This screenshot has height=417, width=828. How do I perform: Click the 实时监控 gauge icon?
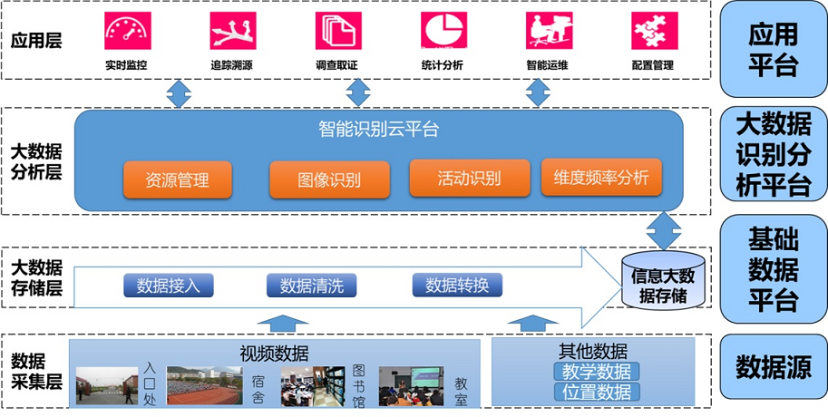click(x=126, y=31)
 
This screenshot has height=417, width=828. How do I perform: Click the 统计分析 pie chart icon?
click(x=443, y=31)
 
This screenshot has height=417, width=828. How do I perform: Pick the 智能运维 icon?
click(x=549, y=31)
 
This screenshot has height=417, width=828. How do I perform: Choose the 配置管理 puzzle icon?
click(x=654, y=31)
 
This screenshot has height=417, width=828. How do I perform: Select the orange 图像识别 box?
click(x=329, y=179)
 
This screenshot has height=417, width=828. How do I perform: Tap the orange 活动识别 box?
click(x=469, y=178)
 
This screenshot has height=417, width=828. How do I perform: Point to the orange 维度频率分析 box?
click(x=601, y=178)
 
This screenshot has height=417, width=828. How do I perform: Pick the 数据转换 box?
click(x=456, y=285)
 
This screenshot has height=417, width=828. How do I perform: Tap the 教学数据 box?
click(x=596, y=372)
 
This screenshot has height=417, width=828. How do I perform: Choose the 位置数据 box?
click(x=596, y=392)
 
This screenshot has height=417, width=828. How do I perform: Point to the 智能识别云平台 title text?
click(x=379, y=130)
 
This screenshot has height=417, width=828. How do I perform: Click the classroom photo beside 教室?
click(x=411, y=385)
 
